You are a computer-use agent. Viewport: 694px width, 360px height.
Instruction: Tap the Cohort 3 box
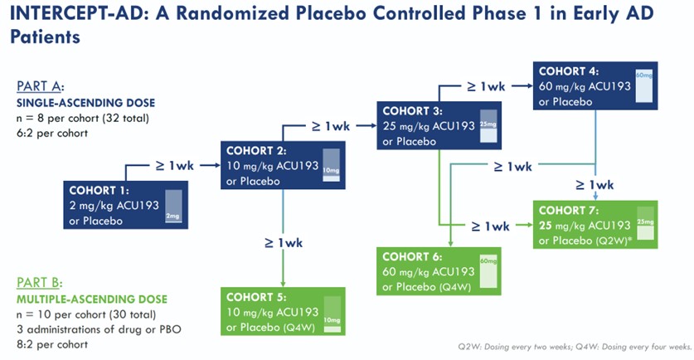[x=439, y=124]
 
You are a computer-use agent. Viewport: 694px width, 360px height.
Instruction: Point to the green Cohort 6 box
[x=439, y=270]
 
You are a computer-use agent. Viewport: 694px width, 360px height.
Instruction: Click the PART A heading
[x=40, y=86]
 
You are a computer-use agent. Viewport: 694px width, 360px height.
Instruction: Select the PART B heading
[x=40, y=281]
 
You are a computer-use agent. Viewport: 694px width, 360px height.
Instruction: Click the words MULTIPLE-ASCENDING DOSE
[x=91, y=299]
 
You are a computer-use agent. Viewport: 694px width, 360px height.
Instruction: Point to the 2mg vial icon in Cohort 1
[x=172, y=207]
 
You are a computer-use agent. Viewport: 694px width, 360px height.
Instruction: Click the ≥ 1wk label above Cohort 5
[x=284, y=243]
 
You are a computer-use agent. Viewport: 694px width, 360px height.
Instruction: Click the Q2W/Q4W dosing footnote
[x=574, y=346]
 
